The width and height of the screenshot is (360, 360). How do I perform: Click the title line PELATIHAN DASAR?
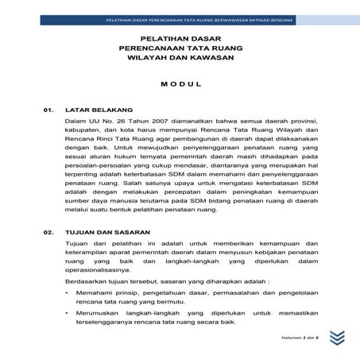click(x=180, y=37)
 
